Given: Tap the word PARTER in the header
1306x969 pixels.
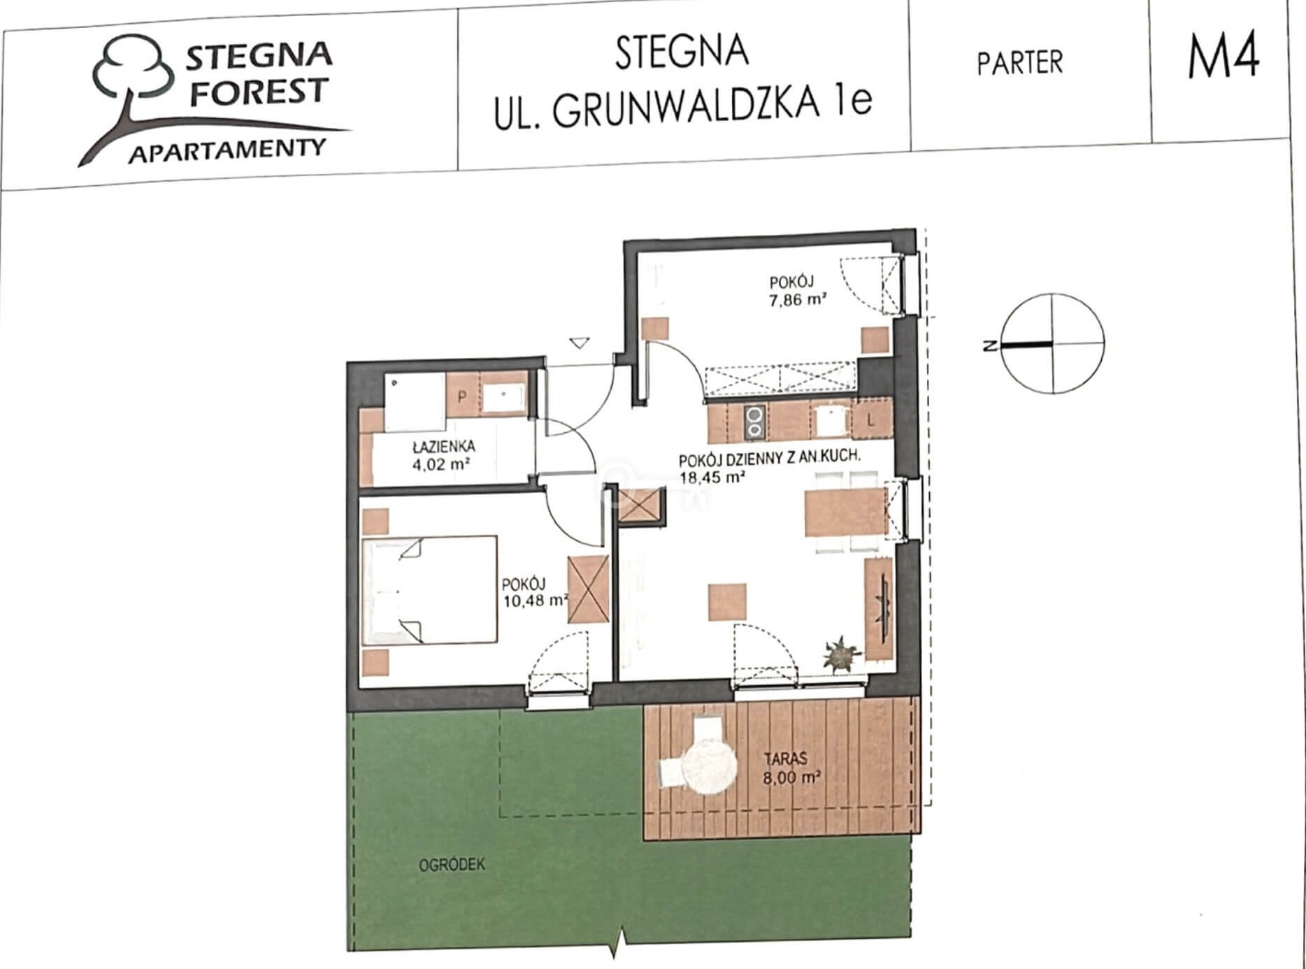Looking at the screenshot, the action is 1019,63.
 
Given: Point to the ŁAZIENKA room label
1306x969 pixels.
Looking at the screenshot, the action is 443,446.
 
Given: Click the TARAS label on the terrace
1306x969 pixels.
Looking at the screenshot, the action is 786,758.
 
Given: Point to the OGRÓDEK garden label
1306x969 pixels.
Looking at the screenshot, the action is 452,865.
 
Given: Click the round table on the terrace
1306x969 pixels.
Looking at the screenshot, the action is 710,766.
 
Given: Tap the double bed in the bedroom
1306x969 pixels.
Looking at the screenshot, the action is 429,589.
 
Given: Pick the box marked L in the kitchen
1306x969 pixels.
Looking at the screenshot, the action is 870,421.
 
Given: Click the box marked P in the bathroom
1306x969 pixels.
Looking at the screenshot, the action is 461,396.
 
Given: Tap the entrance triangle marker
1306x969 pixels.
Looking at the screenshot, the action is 580,343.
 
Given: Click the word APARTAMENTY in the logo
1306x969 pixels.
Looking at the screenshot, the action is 227,150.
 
